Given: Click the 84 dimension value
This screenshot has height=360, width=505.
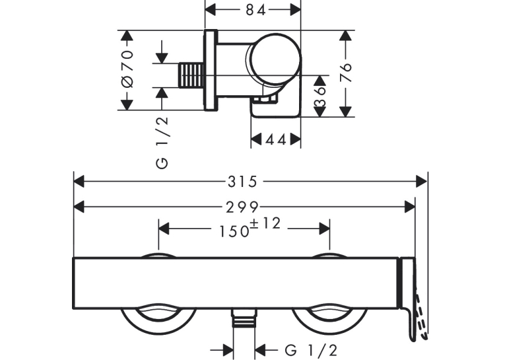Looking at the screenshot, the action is point(255,11).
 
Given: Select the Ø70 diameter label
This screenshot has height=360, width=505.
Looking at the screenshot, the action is point(127,69).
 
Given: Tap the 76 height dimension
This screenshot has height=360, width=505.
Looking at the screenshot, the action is point(345,73).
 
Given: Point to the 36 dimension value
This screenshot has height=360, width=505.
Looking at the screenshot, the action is point(320,96).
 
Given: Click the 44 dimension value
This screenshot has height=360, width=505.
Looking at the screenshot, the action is point(276,140).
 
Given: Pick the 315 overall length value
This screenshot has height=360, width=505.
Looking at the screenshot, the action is point(242,182).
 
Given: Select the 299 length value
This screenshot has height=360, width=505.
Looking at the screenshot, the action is point(242,207).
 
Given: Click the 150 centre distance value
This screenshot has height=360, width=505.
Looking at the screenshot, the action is point(234,231).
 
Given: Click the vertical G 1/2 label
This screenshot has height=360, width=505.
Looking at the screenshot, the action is point(162,142).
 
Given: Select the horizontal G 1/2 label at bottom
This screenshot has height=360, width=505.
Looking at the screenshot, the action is point(311,349).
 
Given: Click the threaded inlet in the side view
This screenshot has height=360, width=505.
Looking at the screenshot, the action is point(191,75).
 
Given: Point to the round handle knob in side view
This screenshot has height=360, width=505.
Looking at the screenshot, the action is point(276,59).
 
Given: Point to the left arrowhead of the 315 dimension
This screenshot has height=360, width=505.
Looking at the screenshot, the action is point(79,182).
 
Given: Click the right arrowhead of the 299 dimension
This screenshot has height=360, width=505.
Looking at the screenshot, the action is point(410,207).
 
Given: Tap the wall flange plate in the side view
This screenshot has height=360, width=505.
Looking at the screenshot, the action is point(211,70).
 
